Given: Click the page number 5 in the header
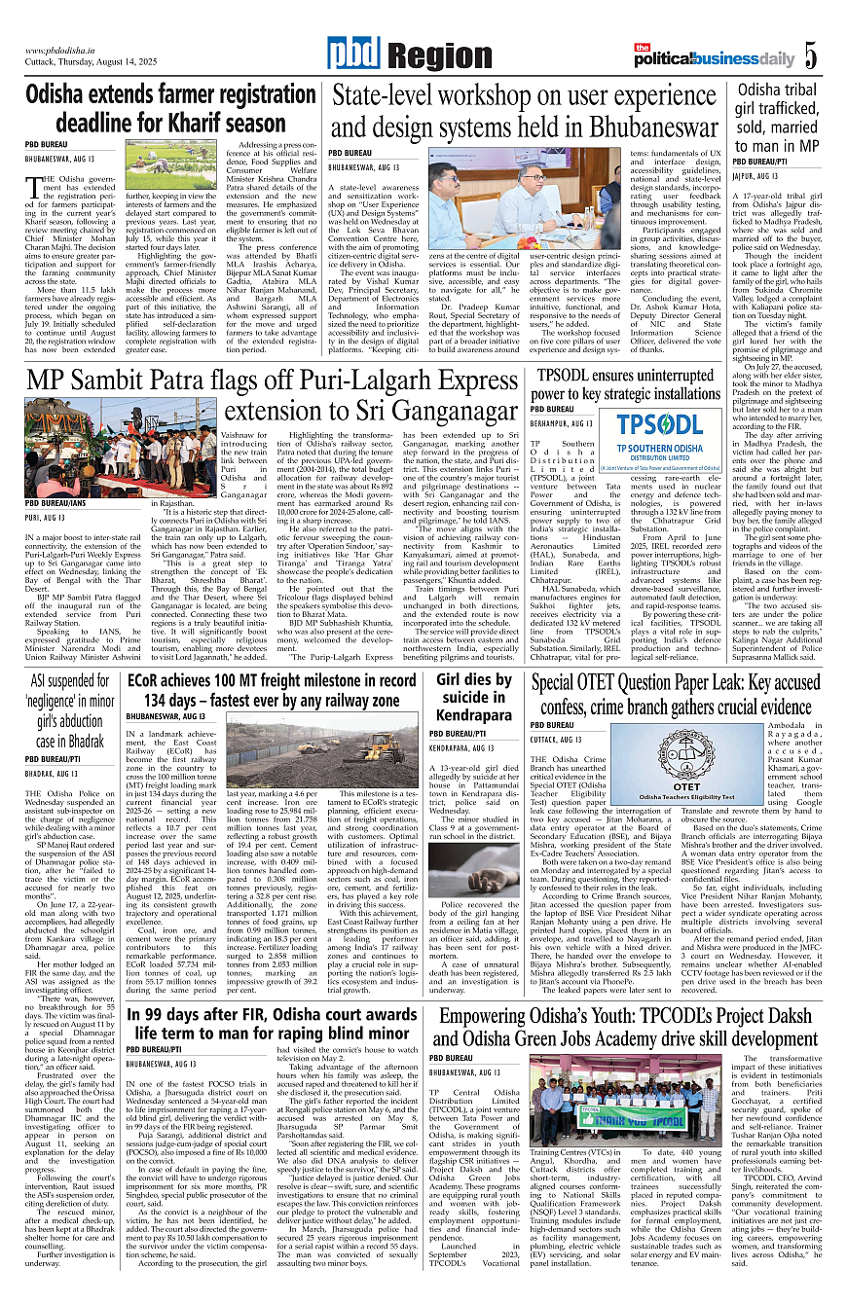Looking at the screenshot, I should point(810,56).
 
